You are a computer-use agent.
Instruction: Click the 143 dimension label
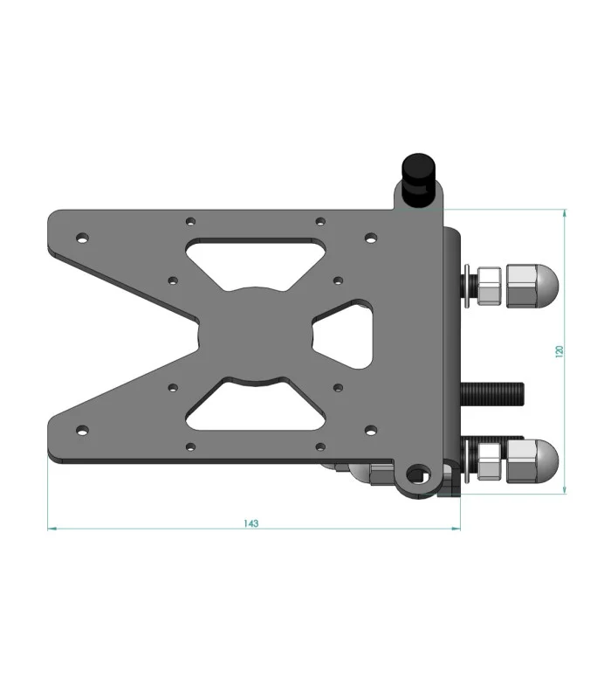[x=251, y=523]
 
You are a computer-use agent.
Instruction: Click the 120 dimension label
[x=560, y=351]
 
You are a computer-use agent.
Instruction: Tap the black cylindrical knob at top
[x=418, y=180]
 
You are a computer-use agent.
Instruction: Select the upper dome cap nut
[x=532, y=286]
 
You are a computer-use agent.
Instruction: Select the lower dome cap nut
[x=532, y=461]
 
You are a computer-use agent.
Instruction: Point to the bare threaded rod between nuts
[x=492, y=394]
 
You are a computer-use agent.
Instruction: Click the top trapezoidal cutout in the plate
[x=256, y=264]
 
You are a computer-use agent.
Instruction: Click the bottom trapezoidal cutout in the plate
[x=256, y=405]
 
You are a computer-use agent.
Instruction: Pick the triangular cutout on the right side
[x=343, y=334]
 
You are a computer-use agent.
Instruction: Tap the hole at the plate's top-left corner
[x=82, y=238]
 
